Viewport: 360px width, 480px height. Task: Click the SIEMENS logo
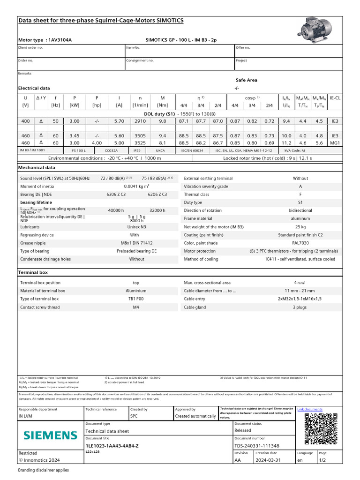51,435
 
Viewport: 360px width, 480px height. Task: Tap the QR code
321,429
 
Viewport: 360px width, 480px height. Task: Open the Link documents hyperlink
310,409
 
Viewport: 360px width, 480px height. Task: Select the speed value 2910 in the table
140,121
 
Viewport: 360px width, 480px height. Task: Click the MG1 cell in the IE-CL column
335,142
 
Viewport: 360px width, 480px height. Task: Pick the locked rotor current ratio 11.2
286,142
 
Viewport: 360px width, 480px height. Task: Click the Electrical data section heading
34,88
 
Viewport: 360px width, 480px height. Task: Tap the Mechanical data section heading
37,167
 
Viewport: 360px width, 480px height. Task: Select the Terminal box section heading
33,272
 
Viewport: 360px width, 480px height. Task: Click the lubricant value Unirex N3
137,227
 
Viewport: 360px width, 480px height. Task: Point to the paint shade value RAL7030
300,243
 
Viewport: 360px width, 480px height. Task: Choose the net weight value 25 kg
300,227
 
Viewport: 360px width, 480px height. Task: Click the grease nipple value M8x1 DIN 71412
137,243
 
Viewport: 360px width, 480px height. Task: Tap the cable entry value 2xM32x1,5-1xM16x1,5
300,299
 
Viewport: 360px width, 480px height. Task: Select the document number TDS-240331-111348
257,446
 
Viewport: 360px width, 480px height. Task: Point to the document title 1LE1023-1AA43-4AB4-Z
112,446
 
